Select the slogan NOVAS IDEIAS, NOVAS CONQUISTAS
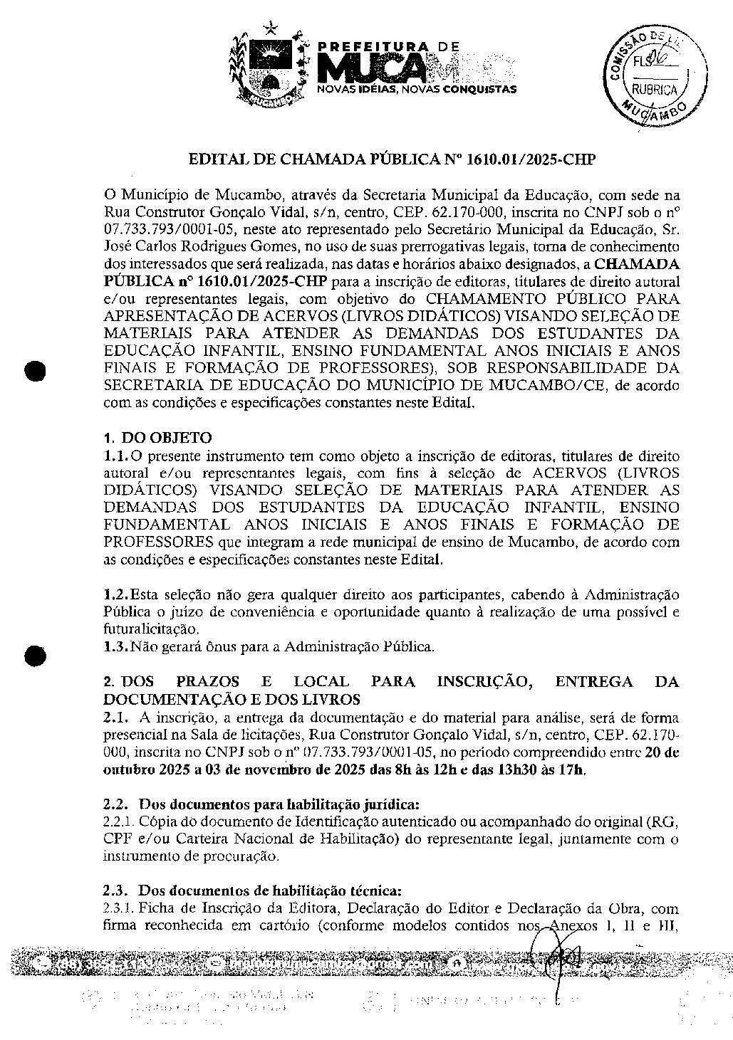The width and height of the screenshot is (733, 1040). click(416, 90)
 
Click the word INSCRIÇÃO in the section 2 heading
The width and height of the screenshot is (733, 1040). click(483, 681)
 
